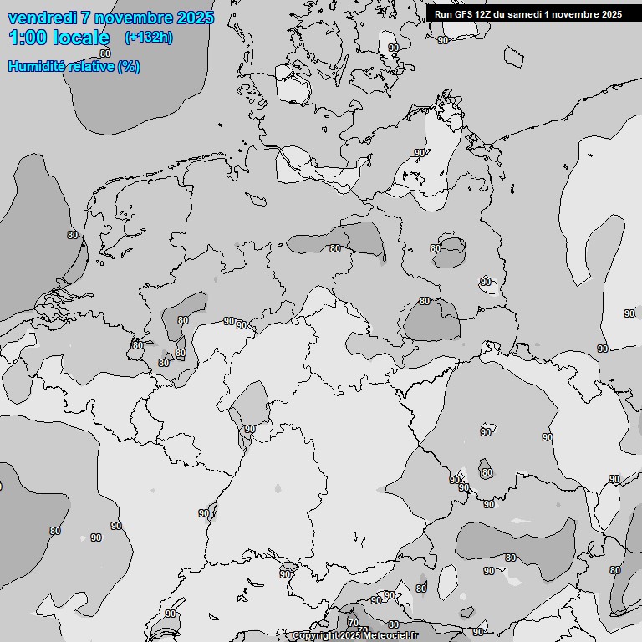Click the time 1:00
tap(27, 38)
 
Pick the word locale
tap(82, 38)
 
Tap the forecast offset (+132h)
tap(149, 38)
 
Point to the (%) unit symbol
tap(129, 66)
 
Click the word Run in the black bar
tap(443, 14)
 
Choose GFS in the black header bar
tap(465, 14)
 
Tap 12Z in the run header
tap(487, 14)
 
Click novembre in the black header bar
tap(578, 14)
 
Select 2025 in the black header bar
tap(612, 14)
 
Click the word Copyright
tap(315, 636)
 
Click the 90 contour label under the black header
tap(443, 39)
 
